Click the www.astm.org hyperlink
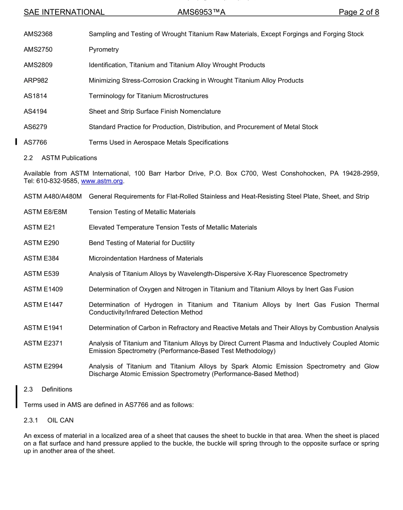click(x=102, y=181)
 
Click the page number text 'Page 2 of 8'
click(x=358, y=12)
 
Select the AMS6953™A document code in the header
click(x=201, y=12)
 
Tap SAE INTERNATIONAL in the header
click(x=64, y=12)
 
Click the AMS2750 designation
click(x=38, y=50)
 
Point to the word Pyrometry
click(x=104, y=50)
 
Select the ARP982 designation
click(x=36, y=81)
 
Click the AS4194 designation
click(x=36, y=112)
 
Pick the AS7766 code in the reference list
click(x=36, y=143)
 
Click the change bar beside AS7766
click(x=16, y=142)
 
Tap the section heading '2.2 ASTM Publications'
click(x=60, y=158)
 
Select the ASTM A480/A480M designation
click(x=53, y=196)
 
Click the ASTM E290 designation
click(x=42, y=243)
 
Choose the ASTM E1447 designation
click(x=43, y=305)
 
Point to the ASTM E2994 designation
click(x=43, y=367)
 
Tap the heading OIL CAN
click(x=60, y=420)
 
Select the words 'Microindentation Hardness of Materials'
click(x=146, y=258)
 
